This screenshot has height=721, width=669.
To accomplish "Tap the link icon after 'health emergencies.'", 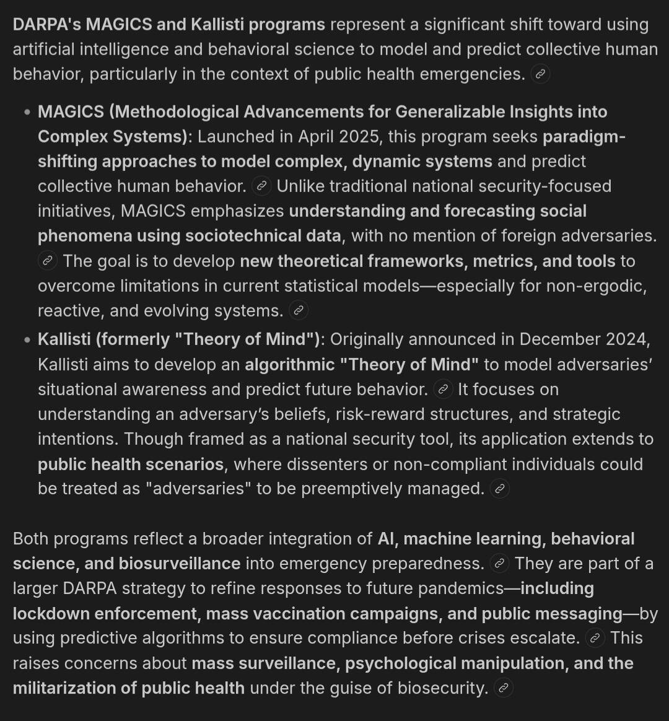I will [540, 74].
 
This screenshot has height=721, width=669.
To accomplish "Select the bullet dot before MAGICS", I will [27, 113].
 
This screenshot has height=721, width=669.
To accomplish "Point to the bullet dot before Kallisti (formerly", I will [27, 340].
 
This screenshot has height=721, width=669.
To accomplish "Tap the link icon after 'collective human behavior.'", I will [262, 186].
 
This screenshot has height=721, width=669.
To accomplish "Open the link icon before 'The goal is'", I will [47, 261].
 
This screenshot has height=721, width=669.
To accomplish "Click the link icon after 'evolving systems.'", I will [299, 310].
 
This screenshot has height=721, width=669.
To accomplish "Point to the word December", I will [567, 339].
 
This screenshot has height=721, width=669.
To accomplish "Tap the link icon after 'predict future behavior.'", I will [443, 390].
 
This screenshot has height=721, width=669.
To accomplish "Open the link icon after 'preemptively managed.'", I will [500, 489].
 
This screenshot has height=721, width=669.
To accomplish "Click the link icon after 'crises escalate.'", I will [595, 638].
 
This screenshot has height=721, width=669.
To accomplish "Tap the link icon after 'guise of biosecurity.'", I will [504, 688].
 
